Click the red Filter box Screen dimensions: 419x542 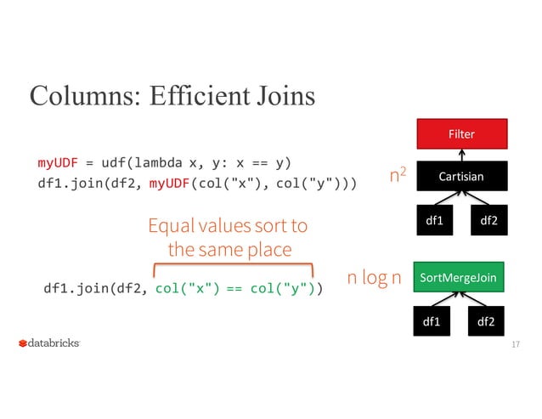(461, 134)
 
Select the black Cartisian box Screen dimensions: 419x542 (461, 177)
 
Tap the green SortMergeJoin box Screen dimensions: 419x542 (459, 278)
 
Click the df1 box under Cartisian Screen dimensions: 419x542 (434, 221)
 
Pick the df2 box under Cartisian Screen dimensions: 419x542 (489, 221)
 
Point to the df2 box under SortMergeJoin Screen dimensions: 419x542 (487, 321)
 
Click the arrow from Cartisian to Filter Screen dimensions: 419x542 (460, 156)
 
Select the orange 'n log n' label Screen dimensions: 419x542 (374, 278)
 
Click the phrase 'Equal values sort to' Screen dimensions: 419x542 (228, 227)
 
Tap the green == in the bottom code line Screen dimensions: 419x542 (234, 289)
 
